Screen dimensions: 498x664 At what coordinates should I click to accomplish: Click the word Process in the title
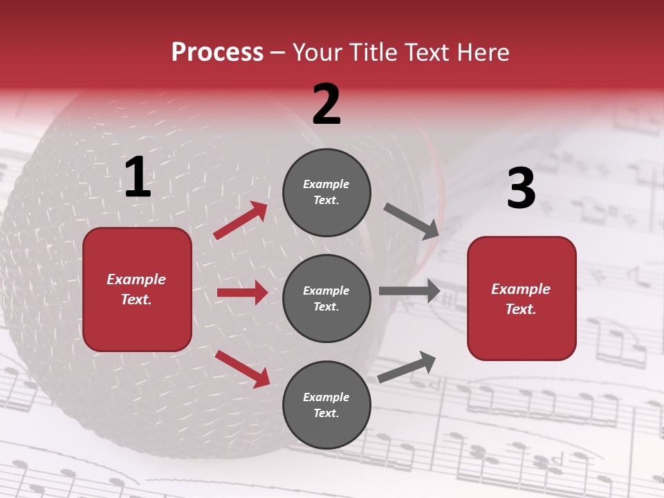pyautogui.click(x=217, y=53)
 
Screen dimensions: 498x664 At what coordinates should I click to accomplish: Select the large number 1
pyautogui.click(x=138, y=178)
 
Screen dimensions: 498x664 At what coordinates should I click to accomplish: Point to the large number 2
pyautogui.click(x=326, y=104)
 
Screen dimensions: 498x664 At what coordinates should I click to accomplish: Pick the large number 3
pyautogui.click(x=521, y=189)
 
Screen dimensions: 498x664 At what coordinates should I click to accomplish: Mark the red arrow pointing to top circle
pyautogui.click(x=241, y=221)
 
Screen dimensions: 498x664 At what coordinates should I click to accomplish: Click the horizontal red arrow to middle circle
pyautogui.click(x=242, y=293)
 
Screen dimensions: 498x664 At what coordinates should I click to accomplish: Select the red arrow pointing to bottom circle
pyautogui.click(x=242, y=369)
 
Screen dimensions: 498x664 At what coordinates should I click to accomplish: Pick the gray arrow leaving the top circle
pyautogui.click(x=411, y=221)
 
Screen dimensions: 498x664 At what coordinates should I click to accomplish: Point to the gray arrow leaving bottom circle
pyautogui.click(x=407, y=367)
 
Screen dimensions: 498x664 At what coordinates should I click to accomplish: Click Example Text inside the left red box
pyautogui.click(x=136, y=289)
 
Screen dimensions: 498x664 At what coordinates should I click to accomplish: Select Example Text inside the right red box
pyautogui.click(x=521, y=299)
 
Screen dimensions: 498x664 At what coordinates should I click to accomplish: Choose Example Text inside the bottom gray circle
pyautogui.click(x=326, y=405)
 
